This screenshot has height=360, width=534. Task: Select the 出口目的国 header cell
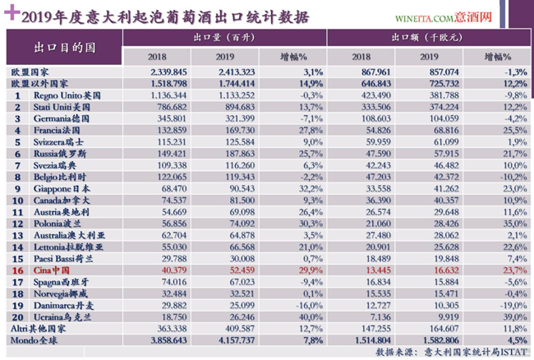click(x=64, y=48)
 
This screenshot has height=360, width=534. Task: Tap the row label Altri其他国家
click(x=40, y=327)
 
